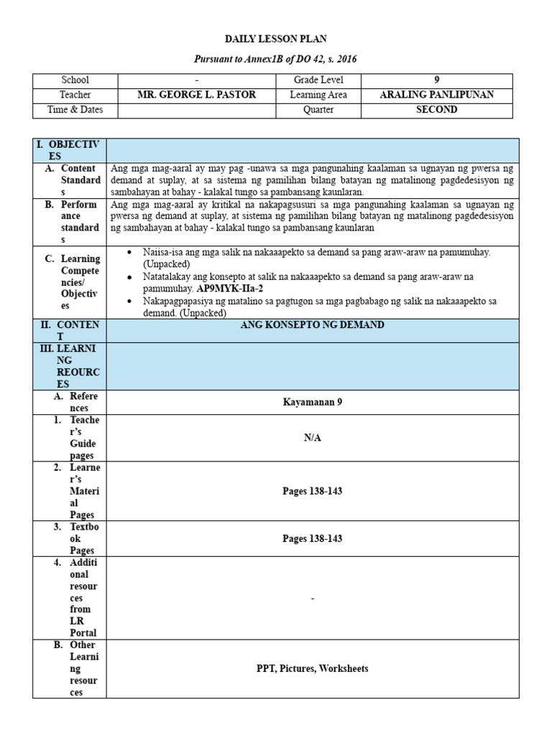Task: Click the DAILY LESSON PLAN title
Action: point(277,38)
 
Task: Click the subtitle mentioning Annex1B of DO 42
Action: point(277,58)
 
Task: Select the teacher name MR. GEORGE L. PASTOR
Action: point(196,95)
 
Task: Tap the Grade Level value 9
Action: point(436,80)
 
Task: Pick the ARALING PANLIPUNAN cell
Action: point(436,95)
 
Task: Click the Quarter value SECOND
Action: point(436,110)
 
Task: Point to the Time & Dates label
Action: point(75,110)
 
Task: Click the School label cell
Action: point(75,80)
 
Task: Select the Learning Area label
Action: point(318,95)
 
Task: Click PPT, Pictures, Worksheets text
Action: point(312,668)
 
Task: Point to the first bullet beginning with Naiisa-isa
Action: point(316,253)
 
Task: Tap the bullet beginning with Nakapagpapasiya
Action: point(316,301)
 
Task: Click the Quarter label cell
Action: point(318,110)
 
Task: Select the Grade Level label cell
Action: point(318,80)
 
